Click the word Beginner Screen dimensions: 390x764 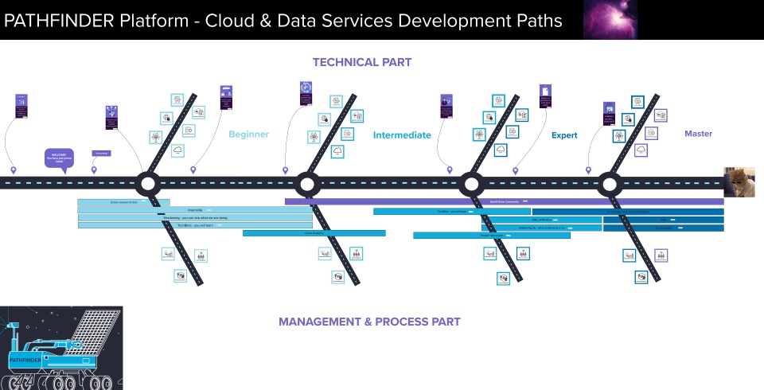[248, 135]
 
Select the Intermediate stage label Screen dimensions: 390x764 [402, 135]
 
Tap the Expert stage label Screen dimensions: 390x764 [564, 135]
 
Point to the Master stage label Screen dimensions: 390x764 [698, 134]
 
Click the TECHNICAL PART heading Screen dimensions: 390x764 [362, 62]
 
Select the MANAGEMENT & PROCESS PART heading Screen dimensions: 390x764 [369, 322]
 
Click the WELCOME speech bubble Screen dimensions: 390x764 [59, 157]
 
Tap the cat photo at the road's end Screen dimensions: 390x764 [739, 182]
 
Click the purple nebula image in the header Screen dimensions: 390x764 [610, 20]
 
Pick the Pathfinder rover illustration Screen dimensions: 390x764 [61, 348]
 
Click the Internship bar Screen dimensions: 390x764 [183, 210]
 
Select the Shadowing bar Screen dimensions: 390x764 [183, 217]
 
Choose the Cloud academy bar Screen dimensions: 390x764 [314, 233]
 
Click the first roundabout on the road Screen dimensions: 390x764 [147, 184]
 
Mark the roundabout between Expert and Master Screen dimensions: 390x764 [610, 184]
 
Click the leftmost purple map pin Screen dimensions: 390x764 [13, 170]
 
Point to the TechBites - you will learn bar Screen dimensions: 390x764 [183, 225]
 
